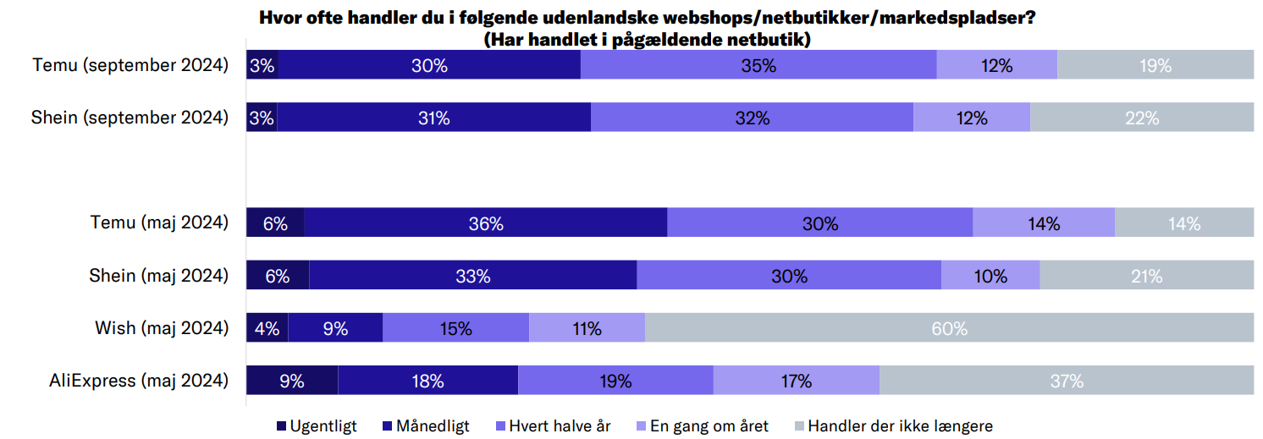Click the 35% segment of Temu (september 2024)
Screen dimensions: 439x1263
click(758, 65)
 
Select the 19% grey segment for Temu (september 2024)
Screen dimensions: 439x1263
click(1155, 65)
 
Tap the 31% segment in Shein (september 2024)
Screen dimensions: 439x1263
click(433, 118)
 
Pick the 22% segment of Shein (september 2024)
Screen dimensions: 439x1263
click(1141, 118)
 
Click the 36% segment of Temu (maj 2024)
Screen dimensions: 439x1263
click(485, 223)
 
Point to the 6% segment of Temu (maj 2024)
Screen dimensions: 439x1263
click(275, 223)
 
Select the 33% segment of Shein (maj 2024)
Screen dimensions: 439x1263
click(472, 276)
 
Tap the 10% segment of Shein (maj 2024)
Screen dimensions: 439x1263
click(990, 276)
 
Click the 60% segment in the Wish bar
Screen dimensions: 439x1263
click(949, 328)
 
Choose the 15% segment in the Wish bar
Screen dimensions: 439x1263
click(455, 328)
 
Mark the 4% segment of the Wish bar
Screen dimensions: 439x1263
click(267, 328)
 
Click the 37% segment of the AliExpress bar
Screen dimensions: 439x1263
click(1067, 381)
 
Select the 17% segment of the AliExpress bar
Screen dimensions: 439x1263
click(797, 381)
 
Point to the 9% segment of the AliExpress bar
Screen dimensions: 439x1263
click(292, 381)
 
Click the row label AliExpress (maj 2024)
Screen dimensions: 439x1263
click(139, 381)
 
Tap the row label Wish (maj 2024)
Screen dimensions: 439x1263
click(162, 328)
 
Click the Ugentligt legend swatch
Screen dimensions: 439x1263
click(282, 426)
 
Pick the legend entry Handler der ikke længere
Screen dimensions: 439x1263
click(900, 426)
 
